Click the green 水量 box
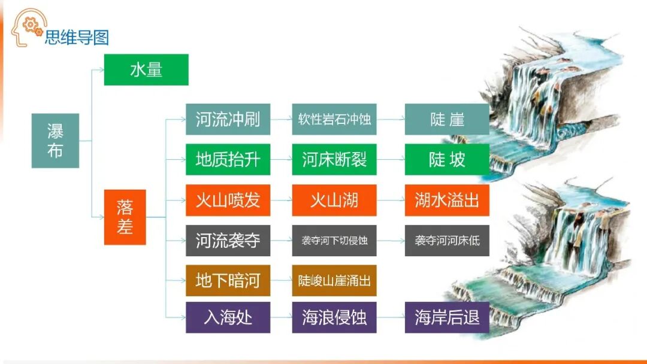(146, 69)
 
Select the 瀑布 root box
(55, 141)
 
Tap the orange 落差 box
(125, 217)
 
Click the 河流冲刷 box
(228, 119)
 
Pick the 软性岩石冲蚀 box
(334, 119)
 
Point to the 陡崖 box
(447, 119)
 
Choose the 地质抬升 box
(228, 159)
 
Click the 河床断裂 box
(334, 159)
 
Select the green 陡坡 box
(447, 159)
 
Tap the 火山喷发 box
(228, 200)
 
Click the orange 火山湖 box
(334, 200)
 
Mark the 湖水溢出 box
(447, 200)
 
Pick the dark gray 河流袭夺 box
(228, 241)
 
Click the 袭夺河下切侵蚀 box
(334, 241)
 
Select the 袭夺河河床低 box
(447, 241)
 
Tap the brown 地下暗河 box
(228, 280)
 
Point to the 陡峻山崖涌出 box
(334, 280)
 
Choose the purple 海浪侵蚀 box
(334, 317)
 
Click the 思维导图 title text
(77, 37)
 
